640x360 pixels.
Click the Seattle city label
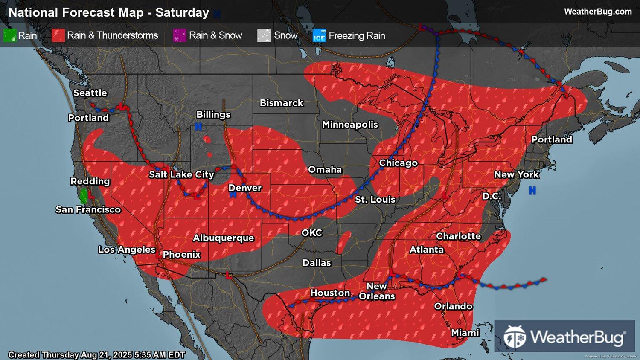[x=90, y=93]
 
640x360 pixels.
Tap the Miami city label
[x=465, y=333]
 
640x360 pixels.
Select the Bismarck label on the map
[x=282, y=103]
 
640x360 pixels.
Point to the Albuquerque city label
[x=223, y=238]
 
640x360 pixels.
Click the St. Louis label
[x=375, y=200]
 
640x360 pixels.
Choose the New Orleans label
[x=377, y=291]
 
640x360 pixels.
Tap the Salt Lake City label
[x=181, y=174]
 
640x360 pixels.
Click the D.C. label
[x=492, y=196]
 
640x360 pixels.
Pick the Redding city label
[x=90, y=181]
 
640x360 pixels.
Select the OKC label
[x=312, y=233]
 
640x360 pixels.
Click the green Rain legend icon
[x=10, y=35]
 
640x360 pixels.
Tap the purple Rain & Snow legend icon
[x=179, y=35]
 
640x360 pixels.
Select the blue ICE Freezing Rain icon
[x=319, y=36]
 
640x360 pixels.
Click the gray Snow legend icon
[x=264, y=35]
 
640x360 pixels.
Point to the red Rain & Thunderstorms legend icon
[x=58, y=35]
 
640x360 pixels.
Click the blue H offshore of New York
[x=532, y=190]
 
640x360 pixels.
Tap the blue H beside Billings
[x=198, y=127]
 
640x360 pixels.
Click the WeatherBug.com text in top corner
[x=597, y=12]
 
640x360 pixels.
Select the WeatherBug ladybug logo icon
[x=515, y=337]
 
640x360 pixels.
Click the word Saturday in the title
[x=182, y=12]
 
